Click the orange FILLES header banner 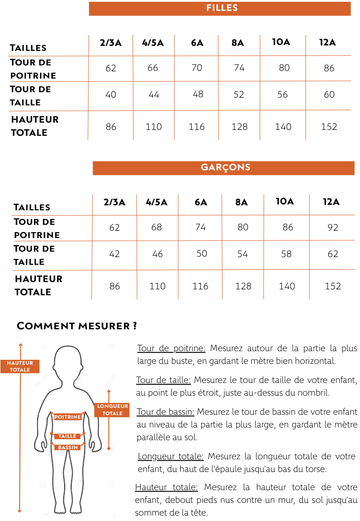point(220,8)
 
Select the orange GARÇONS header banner point(223,168)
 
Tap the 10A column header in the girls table point(281,42)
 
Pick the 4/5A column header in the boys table point(157,202)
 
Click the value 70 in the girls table point(197,68)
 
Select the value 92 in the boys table point(333,227)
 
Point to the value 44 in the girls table point(153,94)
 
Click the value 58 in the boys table point(286,254)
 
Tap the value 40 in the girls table point(111,94)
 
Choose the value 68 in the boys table point(157,227)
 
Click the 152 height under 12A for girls point(329,127)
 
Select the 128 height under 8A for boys point(243,286)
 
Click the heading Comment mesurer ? point(77,326)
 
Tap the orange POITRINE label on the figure point(68,417)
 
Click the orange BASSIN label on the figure point(68,447)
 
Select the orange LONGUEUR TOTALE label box point(112,410)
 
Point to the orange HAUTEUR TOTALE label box point(20,366)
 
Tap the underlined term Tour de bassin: point(166,412)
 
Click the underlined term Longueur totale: point(170,456)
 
